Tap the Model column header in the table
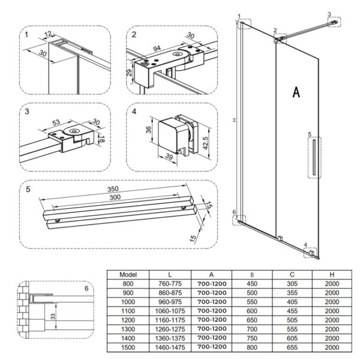click(128, 274)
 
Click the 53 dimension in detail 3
click(56, 123)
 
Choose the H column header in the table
click(331, 274)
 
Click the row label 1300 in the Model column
click(128, 329)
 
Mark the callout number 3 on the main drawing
click(329, 14)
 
